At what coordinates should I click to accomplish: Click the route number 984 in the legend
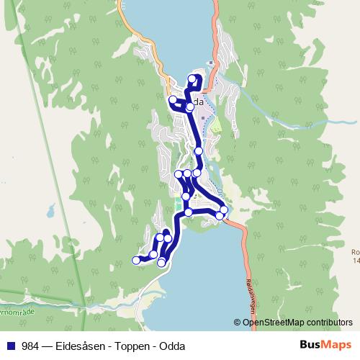click(30, 346)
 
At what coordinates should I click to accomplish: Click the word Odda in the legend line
click(174, 346)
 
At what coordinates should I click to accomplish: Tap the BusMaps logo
click(325, 346)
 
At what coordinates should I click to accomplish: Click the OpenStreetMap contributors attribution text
click(297, 323)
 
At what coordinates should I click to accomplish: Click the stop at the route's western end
click(135, 261)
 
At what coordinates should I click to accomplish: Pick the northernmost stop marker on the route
click(192, 78)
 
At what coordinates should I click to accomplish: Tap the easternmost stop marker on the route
click(224, 210)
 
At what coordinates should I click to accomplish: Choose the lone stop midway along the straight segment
click(199, 151)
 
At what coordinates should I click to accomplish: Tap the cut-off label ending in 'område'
click(14, 315)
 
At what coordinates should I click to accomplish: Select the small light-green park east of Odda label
click(215, 127)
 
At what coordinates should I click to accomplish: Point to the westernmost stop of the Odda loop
click(173, 100)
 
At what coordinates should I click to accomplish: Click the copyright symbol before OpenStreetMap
click(238, 323)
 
